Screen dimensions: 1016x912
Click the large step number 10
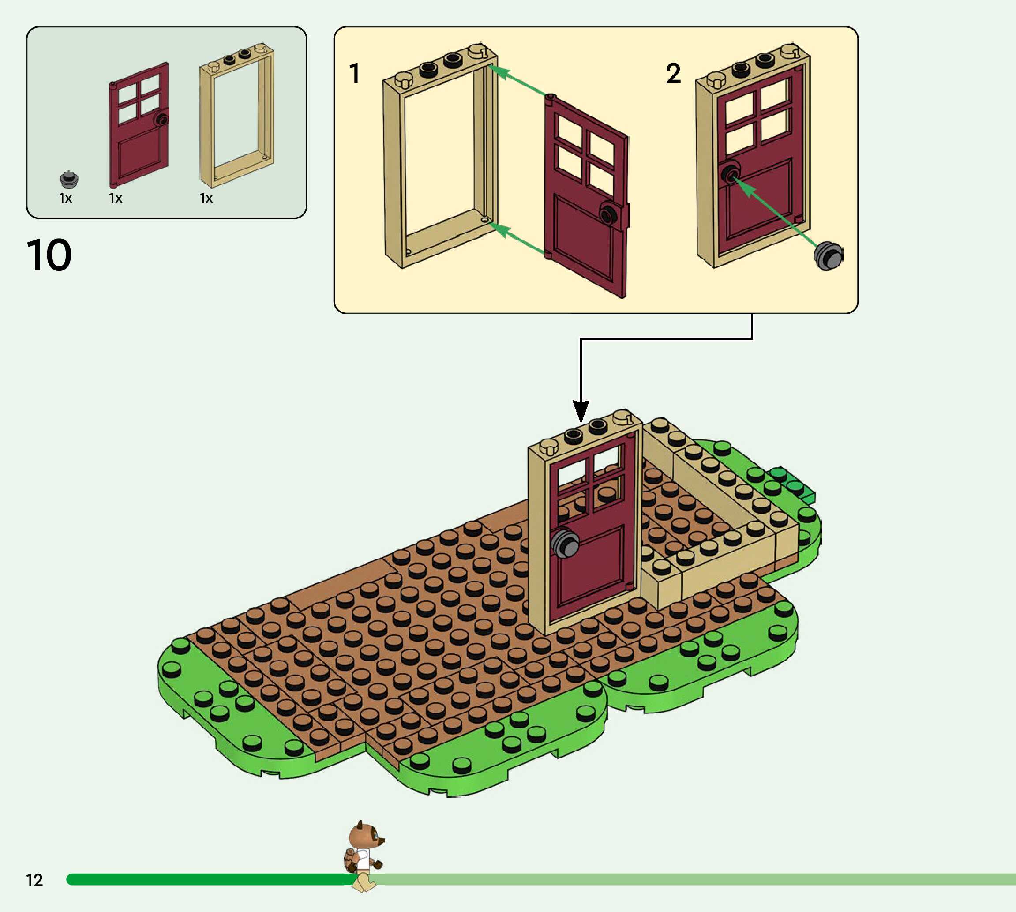click(49, 255)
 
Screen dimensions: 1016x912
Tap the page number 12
click(34, 880)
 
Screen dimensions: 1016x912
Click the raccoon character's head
click(364, 836)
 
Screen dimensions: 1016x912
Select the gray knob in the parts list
click(69, 179)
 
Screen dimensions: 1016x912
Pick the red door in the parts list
click(139, 125)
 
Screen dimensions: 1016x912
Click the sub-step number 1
click(355, 73)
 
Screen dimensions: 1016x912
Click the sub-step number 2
click(673, 73)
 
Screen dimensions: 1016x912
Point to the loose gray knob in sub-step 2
click(828, 255)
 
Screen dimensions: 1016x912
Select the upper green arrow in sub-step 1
click(516, 80)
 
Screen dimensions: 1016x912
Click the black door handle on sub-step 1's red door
click(609, 214)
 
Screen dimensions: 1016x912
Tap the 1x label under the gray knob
click(66, 199)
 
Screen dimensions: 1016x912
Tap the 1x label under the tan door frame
click(206, 199)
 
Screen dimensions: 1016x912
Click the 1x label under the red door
click(116, 199)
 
